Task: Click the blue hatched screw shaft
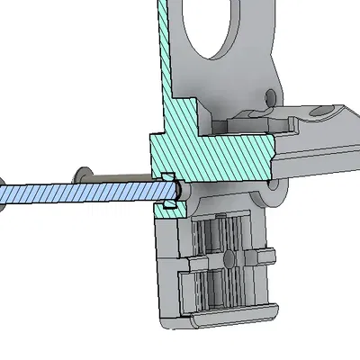90,192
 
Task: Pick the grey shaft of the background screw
117,177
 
